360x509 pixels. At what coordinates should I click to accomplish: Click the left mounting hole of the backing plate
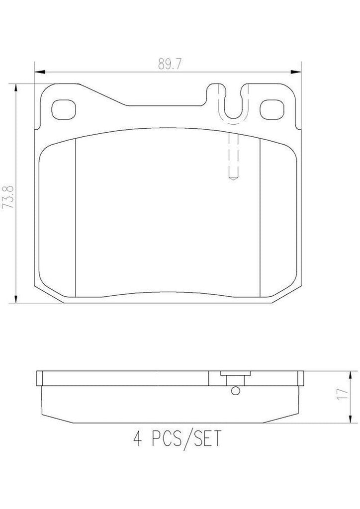pos(63,109)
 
